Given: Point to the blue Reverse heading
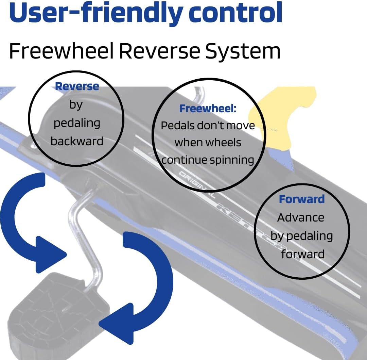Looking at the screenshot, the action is click(x=77, y=86).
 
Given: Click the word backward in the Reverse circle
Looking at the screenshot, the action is click(x=77, y=141).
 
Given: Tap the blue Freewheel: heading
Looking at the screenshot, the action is click(x=208, y=109).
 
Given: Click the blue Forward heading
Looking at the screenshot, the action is click(x=302, y=199).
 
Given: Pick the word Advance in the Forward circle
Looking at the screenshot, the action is click(x=301, y=217).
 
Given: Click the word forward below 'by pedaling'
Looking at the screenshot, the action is click(x=303, y=254).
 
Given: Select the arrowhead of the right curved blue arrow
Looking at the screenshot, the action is click(x=116, y=324).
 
